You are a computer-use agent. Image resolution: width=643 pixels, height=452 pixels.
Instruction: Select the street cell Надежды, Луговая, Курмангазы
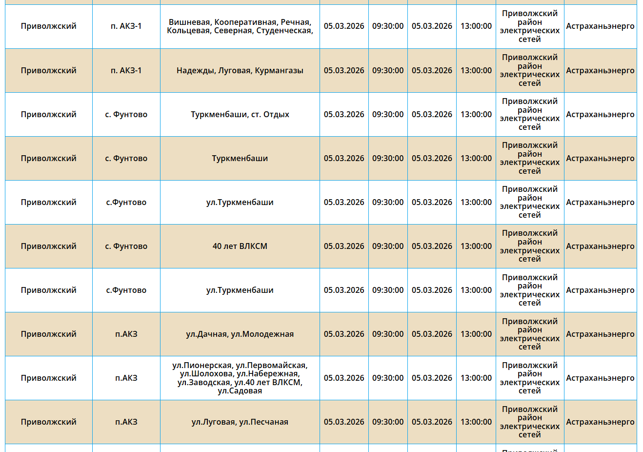[x=240, y=71]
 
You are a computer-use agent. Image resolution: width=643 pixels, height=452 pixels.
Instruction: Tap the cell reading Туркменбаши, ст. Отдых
[x=240, y=115]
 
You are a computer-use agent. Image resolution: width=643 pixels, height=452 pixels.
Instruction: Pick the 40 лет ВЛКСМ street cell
[x=240, y=247]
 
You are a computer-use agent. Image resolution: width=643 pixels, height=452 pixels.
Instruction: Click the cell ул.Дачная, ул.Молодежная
[x=240, y=334]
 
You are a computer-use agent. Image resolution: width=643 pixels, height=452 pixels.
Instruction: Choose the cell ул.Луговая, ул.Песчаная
[x=240, y=422]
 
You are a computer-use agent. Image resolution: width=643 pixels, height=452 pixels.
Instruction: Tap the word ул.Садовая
[x=240, y=391]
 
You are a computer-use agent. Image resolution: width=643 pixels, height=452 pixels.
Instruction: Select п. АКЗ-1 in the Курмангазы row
[x=126, y=71]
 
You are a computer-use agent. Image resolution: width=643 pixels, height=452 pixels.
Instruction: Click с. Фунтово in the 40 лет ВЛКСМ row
[x=126, y=247]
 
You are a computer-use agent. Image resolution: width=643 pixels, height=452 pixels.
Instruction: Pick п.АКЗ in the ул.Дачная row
[x=126, y=334]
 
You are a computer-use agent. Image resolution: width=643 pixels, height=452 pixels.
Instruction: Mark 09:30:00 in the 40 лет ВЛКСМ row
[x=388, y=247]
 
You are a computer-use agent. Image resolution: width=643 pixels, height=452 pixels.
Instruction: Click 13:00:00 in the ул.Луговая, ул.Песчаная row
[x=476, y=422]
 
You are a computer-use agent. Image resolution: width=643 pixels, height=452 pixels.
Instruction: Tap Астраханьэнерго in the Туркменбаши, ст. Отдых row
[x=600, y=115]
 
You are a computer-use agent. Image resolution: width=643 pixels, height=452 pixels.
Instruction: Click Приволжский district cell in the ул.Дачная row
[x=48, y=334]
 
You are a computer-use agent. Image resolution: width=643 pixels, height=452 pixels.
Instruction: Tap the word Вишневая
[x=189, y=22]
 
